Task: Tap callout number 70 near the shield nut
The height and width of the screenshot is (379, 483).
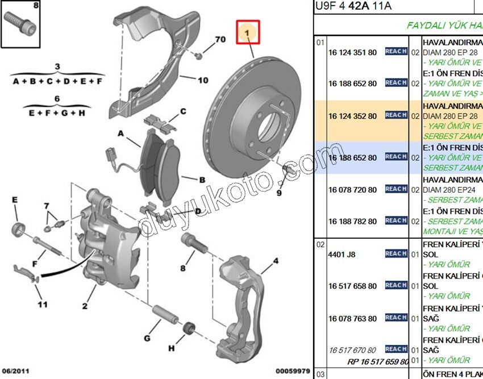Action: tap(220, 40)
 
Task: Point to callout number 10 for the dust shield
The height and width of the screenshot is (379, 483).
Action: tap(203, 80)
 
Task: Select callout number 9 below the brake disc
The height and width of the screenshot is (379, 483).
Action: tap(279, 193)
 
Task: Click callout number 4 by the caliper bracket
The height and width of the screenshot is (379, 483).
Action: tap(275, 261)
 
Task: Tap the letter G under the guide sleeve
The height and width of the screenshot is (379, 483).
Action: tap(147, 339)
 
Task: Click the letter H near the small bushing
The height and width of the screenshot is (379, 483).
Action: tap(172, 348)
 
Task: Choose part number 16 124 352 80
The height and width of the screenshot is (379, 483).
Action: tap(352, 116)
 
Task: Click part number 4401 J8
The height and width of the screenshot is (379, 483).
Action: tap(342, 255)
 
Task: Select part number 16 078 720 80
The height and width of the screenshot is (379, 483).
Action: tap(352, 190)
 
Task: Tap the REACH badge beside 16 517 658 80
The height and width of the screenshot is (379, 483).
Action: tap(396, 285)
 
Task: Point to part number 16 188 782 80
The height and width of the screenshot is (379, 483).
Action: tap(352, 222)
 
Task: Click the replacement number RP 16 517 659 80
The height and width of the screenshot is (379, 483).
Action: tap(378, 361)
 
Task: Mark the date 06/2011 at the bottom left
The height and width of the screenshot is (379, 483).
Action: tap(16, 371)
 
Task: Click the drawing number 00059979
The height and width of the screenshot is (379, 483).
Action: tap(293, 371)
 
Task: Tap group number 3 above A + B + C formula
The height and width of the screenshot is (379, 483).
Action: tap(57, 67)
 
